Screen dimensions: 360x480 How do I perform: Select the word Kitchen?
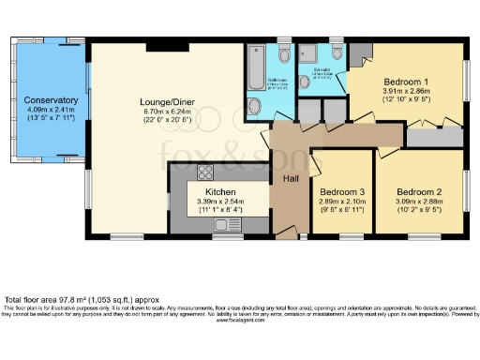pyautogui.click(x=220, y=190)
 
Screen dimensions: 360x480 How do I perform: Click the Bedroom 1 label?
pyautogui.click(x=407, y=82)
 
